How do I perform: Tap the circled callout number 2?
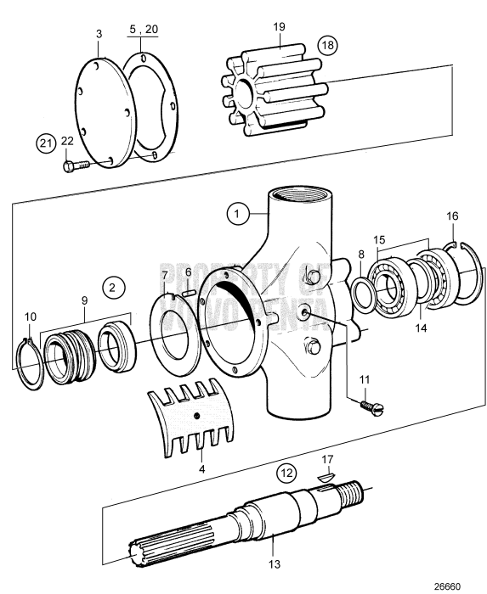(112, 287)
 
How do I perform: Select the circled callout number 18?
(327, 43)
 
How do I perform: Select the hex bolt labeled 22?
(77, 166)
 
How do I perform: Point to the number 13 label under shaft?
(274, 562)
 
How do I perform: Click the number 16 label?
(453, 217)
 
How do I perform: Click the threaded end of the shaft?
(352, 490)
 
